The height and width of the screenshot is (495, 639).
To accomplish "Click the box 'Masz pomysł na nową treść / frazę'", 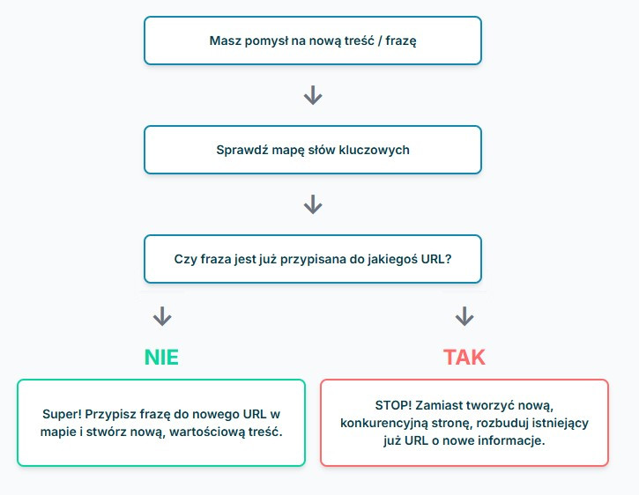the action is point(313,41).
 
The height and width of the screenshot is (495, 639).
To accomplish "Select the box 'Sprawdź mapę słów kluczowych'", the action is point(313,150).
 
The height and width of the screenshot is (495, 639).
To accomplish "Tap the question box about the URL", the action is point(313,259).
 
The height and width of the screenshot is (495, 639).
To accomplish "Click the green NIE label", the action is point(161,358).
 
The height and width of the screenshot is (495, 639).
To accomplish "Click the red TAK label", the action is point(464,358).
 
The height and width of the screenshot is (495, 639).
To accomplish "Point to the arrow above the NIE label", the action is point(162,316).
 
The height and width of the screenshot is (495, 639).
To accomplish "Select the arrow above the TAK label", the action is point(464,316).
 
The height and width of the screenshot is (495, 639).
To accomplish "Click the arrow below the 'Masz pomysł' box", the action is point(313,95).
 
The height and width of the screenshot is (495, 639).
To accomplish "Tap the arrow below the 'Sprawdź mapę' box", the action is point(313,204).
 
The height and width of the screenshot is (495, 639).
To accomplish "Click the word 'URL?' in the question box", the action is point(436,259).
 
